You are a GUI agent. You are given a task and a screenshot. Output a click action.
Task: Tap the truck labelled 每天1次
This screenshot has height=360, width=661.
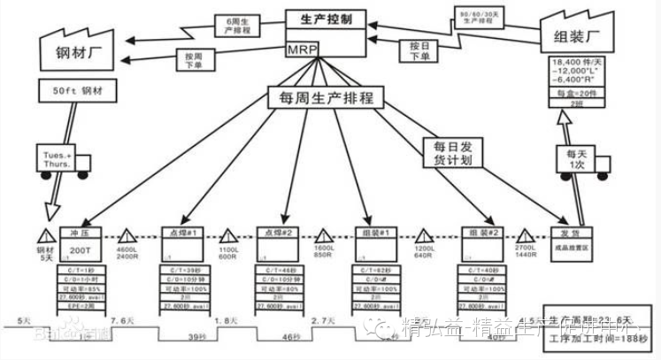[x=576, y=159]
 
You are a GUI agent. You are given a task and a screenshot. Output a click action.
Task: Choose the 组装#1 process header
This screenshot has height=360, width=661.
[x=380, y=233]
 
